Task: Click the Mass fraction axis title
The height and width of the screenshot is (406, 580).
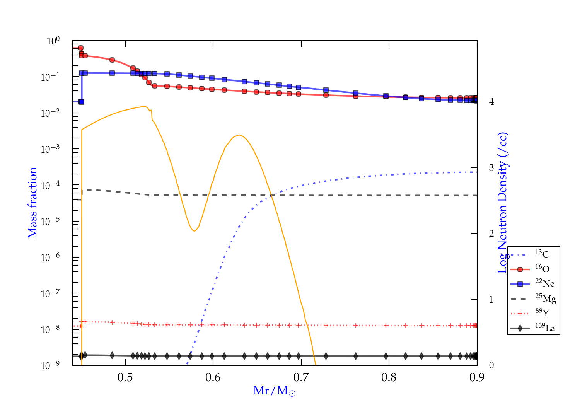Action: [32, 203]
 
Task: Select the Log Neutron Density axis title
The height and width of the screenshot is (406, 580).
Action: [502, 203]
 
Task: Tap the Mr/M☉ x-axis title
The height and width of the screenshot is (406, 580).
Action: [275, 391]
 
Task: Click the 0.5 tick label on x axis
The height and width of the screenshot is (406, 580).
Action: [125, 377]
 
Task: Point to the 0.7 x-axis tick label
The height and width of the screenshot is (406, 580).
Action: [301, 377]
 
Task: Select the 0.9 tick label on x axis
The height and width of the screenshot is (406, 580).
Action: [477, 377]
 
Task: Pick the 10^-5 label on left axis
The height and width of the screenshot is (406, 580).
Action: [50, 222]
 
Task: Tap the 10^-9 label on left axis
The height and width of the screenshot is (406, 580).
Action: [50, 365]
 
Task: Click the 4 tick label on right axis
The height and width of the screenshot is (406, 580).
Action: [491, 102]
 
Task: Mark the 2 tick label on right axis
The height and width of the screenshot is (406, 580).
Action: [491, 234]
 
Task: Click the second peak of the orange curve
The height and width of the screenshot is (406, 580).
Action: [239, 135]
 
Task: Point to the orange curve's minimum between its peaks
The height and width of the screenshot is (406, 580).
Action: [194, 231]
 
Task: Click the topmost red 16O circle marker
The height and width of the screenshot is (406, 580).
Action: [81, 48]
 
